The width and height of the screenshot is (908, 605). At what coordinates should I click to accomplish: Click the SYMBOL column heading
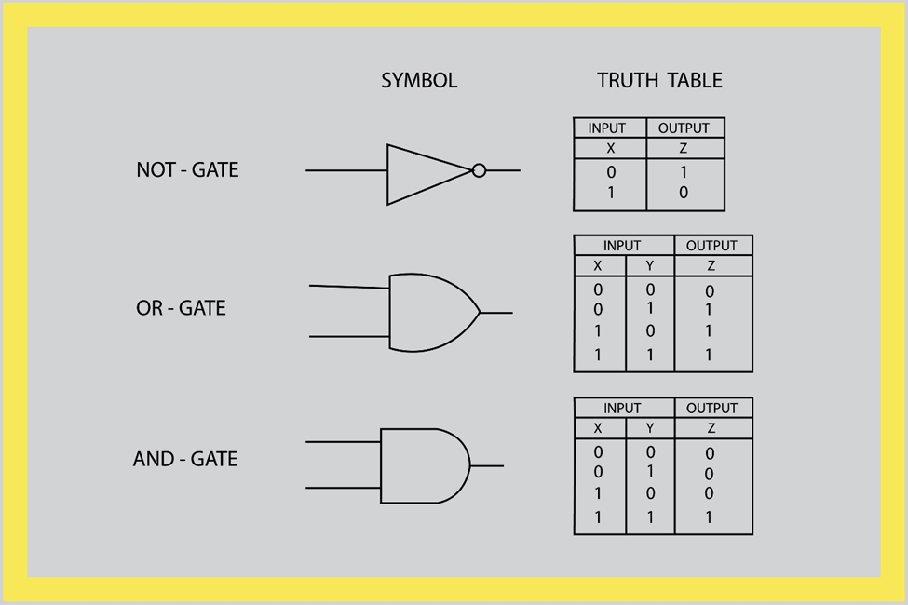419,81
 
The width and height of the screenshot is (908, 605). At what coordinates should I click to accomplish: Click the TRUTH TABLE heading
659,81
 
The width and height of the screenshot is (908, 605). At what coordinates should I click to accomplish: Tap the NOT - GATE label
187,170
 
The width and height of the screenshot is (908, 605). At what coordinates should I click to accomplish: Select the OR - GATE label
181,308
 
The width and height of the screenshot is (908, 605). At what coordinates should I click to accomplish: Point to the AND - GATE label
185,459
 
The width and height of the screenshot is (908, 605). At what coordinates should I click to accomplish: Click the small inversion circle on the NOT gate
479,170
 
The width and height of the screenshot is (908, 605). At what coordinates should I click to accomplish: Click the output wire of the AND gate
487,465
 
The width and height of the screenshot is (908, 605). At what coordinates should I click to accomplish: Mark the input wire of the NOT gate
346,170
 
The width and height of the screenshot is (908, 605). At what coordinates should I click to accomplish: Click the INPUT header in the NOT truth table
607,128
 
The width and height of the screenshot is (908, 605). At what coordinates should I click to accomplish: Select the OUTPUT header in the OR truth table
711,246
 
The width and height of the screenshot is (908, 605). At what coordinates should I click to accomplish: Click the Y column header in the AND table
649,429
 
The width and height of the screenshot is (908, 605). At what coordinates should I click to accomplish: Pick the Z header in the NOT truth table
684,149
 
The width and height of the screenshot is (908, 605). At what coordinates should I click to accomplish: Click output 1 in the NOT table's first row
684,172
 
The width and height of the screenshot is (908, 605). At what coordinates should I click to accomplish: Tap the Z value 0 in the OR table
710,291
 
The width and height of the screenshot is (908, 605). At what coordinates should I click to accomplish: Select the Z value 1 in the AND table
709,518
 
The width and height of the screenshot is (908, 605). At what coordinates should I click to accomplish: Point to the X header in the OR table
598,266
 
